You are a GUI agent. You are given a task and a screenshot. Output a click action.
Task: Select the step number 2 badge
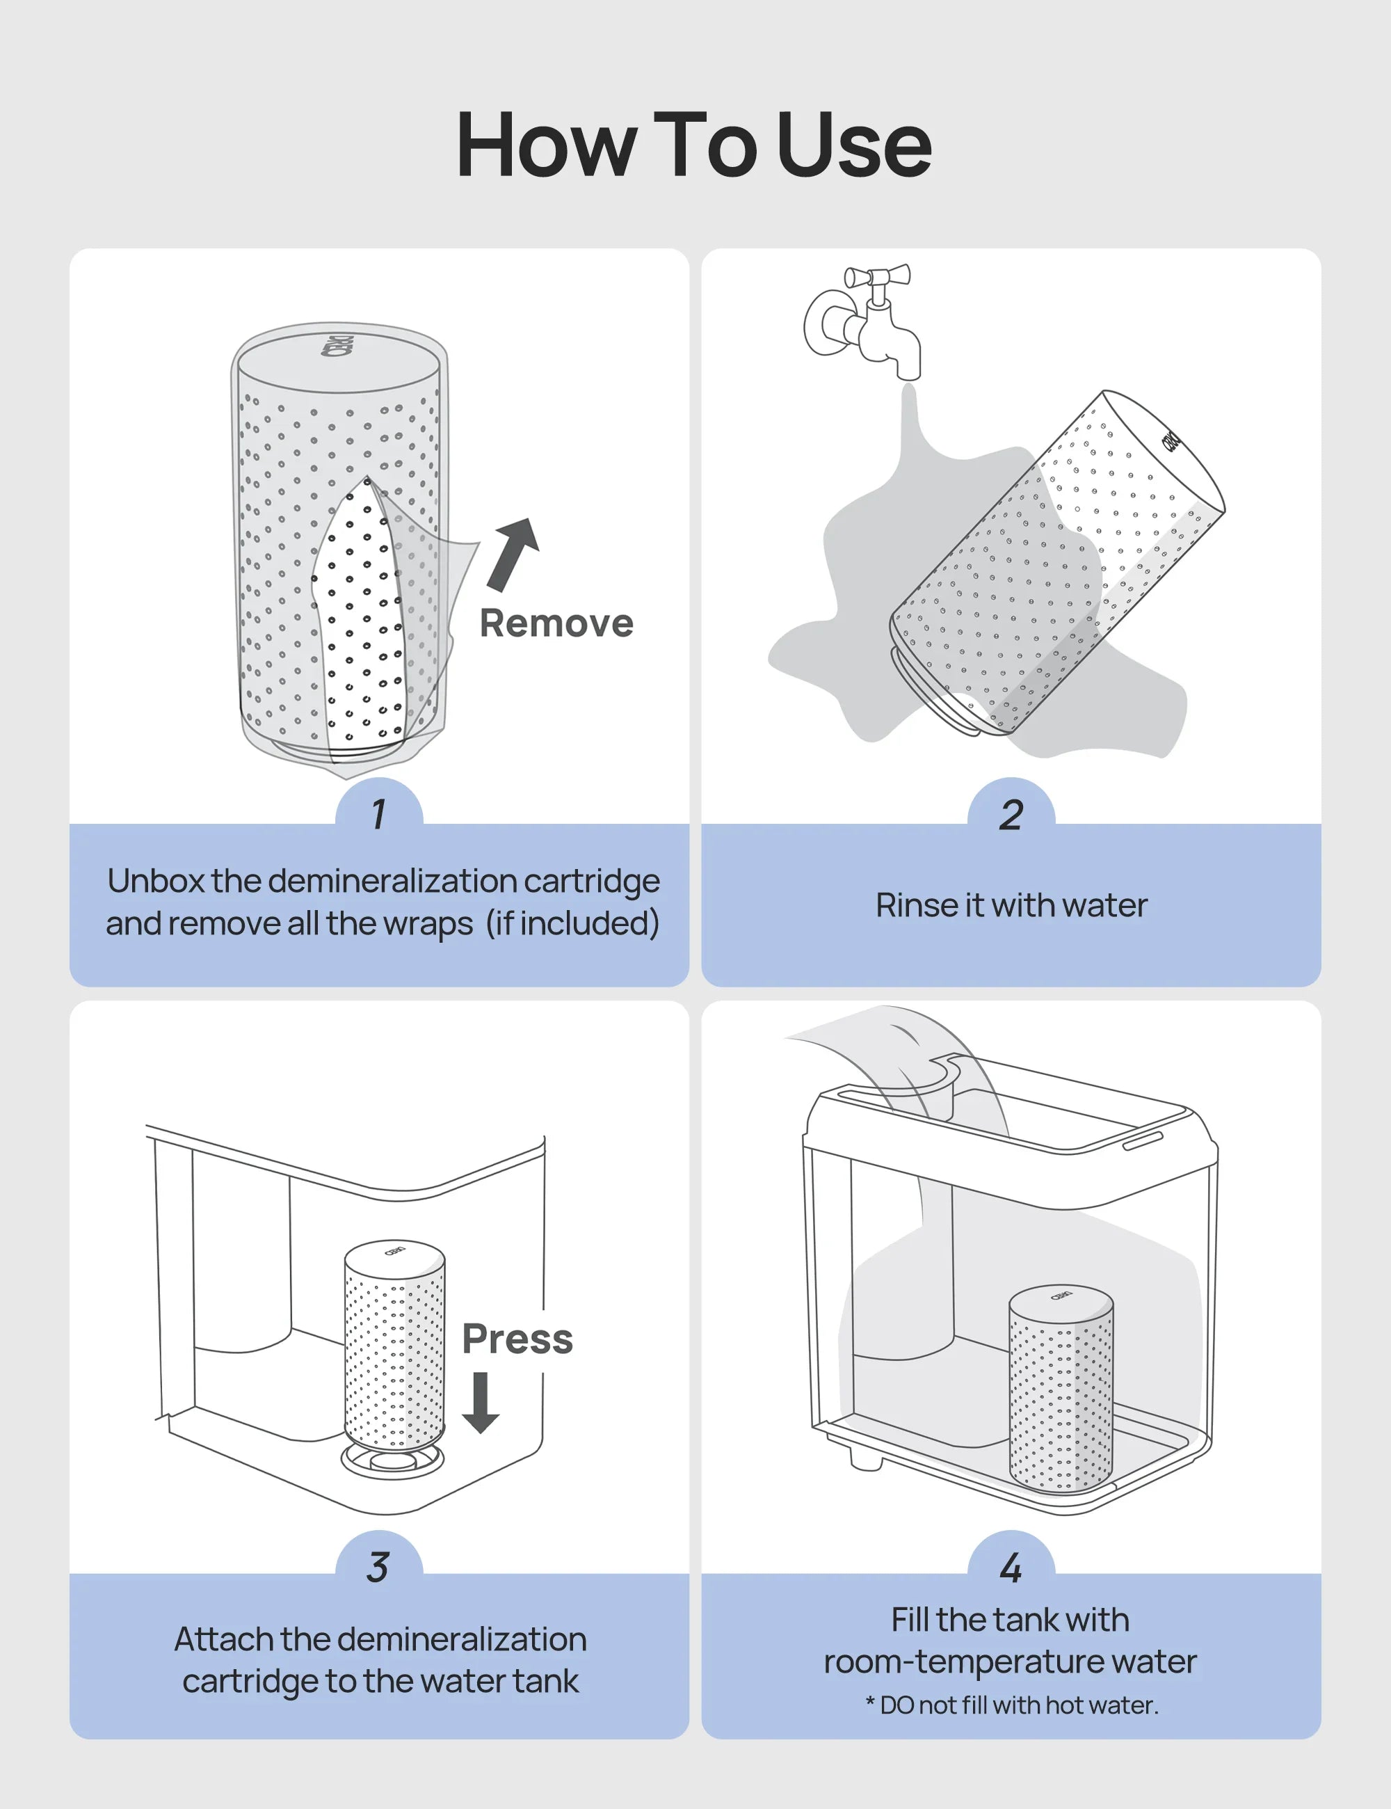[x=1011, y=813]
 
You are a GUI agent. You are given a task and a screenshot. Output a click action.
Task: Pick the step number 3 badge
[x=379, y=1566]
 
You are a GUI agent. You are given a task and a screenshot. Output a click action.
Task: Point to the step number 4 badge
[x=1011, y=1566]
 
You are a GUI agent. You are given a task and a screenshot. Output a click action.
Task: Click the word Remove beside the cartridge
[x=556, y=623]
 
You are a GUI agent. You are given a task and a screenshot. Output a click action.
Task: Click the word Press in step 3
[x=517, y=1339]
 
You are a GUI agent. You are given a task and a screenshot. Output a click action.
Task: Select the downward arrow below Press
[x=480, y=1401]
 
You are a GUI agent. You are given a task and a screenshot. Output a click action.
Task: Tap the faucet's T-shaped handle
[x=878, y=277]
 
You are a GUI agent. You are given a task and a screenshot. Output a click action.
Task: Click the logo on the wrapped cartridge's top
[x=339, y=346]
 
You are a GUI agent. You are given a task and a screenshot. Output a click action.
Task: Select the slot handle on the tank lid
[x=1143, y=1140]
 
